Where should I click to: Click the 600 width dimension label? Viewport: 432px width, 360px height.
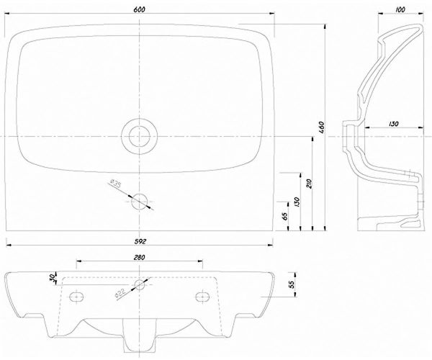[x=139, y=9]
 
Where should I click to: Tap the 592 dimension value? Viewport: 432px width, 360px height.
[x=140, y=242]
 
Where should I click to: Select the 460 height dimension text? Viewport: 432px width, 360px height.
[x=322, y=127]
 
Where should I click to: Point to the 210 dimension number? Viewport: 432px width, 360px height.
[x=310, y=184]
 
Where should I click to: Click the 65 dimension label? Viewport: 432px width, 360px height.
[x=285, y=216]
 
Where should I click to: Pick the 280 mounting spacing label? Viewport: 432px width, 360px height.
[x=139, y=257]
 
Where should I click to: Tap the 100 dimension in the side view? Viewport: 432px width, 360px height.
[x=400, y=9]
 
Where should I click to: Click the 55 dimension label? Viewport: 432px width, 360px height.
[x=292, y=284]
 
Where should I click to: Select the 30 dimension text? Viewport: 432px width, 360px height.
[x=52, y=279]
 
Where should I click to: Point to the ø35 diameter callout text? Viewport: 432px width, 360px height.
[x=115, y=184]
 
